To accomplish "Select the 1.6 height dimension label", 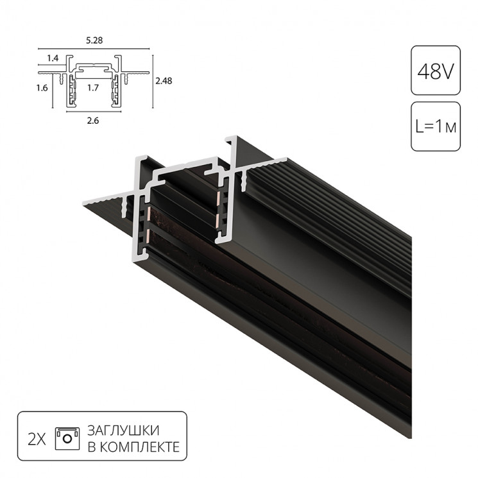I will (43, 89).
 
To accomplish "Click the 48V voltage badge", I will (435, 70).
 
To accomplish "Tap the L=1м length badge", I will (435, 126).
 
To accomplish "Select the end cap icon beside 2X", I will (67, 436).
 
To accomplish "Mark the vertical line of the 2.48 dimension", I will (152, 81).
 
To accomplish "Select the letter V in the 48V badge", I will (447, 70).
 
